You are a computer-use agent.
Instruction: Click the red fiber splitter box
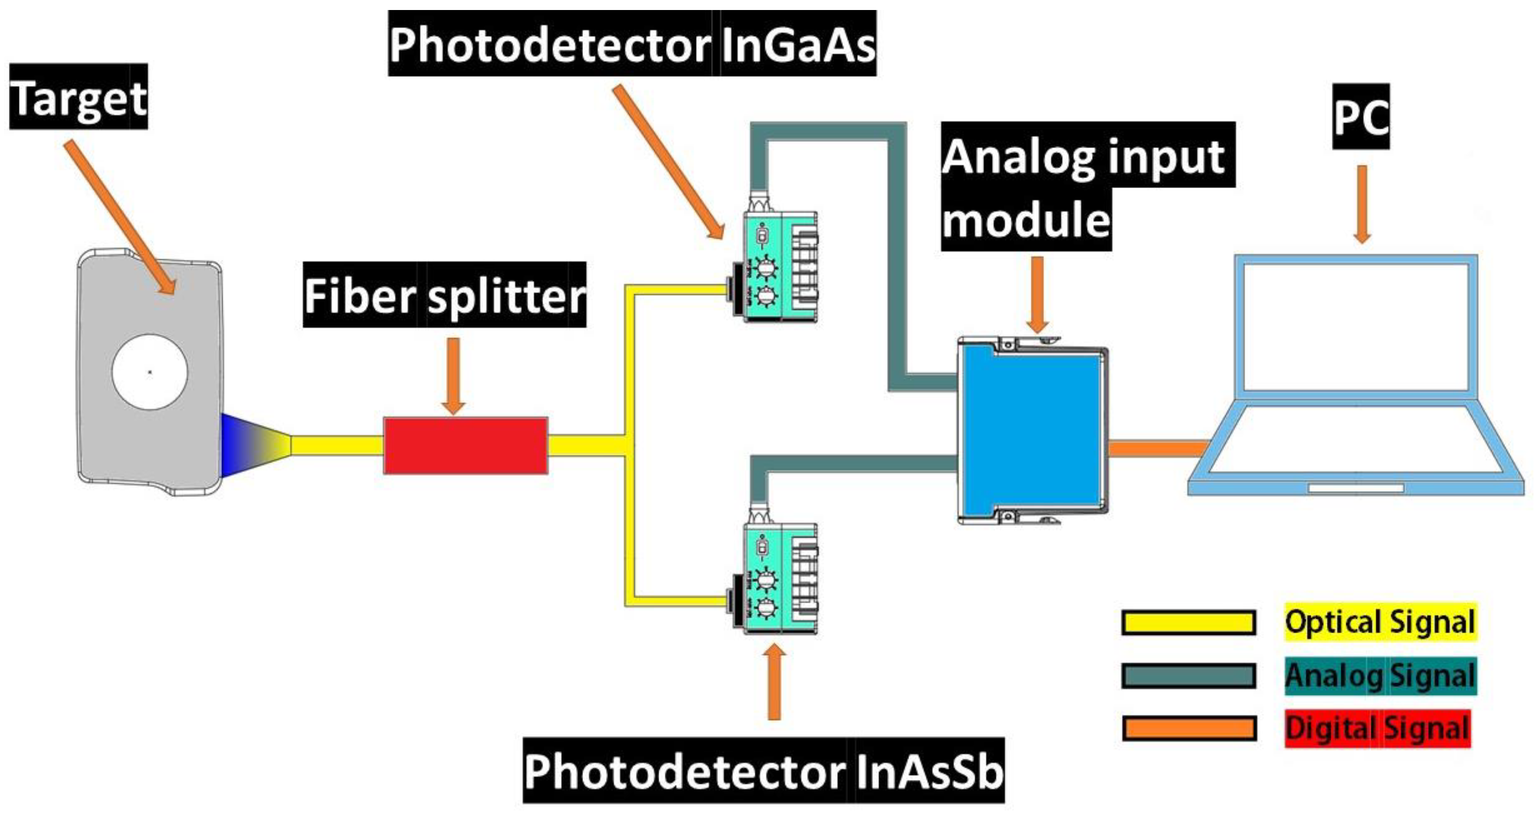(465, 446)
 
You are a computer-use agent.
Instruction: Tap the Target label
(78, 97)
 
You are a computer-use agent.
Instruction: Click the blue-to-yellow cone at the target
(254, 446)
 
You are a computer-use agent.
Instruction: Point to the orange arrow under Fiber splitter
(454, 376)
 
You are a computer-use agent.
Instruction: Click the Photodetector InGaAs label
(632, 44)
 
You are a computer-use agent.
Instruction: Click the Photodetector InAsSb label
(763, 771)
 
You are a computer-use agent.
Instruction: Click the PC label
(1361, 117)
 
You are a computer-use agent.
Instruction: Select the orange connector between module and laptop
(1157, 448)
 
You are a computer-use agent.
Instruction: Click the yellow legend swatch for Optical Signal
(1188, 623)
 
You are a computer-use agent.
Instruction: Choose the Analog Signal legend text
(1380, 675)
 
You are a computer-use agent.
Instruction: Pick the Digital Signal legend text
(1377, 728)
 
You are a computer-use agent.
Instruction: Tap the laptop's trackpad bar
(1356, 489)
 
